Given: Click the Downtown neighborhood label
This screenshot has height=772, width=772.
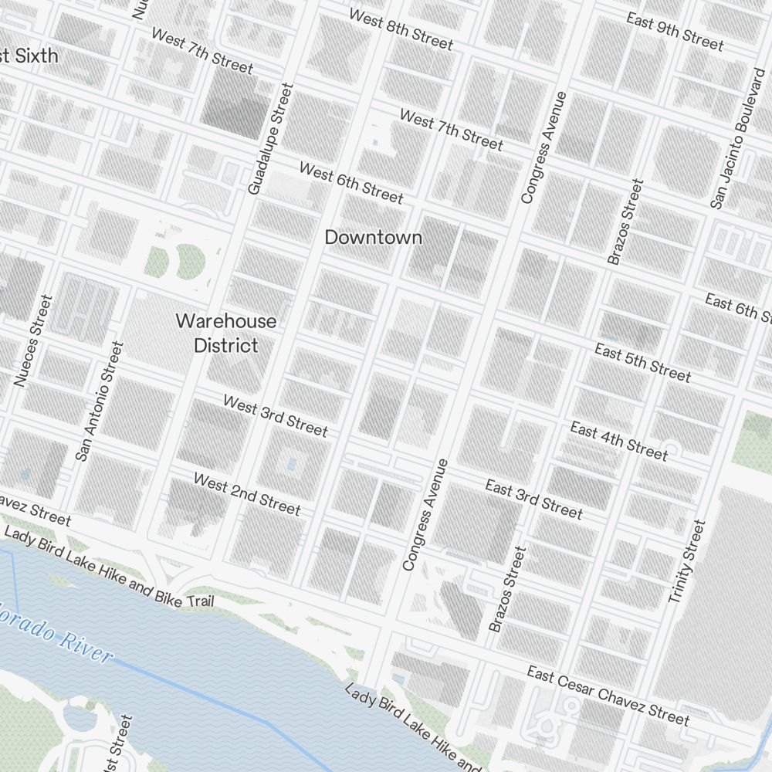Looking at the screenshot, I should click(x=374, y=237).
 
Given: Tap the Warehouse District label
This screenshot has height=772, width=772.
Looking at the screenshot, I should click(x=225, y=333).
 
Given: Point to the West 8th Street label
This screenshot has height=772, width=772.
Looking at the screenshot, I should click(x=401, y=29).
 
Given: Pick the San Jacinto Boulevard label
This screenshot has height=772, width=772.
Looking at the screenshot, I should click(x=738, y=138).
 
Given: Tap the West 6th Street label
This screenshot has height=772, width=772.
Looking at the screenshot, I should click(x=351, y=183).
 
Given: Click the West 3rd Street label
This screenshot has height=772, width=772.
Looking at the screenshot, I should click(x=276, y=415).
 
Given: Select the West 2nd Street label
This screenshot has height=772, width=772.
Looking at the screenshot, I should click(x=247, y=494).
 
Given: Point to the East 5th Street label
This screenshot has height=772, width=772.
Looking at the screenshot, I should click(x=642, y=363).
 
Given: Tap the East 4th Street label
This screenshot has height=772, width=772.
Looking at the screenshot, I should click(x=619, y=440).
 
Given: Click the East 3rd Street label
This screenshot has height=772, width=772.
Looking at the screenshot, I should click(x=534, y=498).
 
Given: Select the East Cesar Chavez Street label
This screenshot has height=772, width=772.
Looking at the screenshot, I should click(x=608, y=696).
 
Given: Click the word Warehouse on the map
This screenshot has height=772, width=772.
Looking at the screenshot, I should click(x=225, y=320).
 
